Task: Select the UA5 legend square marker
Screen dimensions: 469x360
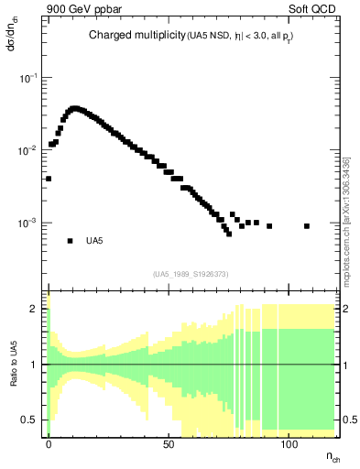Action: click(x=70, y=241)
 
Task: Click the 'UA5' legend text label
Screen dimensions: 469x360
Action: click(x=93, y=241)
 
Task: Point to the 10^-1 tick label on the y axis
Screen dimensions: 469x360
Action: click(x=29, y=79)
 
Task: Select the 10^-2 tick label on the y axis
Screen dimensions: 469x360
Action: click(x=29, y=150)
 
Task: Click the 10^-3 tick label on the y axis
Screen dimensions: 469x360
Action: click(x=29, y=223)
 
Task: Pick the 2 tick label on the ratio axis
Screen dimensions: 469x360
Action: click(x=35, y=309)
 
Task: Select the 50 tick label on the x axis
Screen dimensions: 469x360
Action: click(x=169, y=443)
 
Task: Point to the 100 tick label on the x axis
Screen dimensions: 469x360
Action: click(x=289, y=443)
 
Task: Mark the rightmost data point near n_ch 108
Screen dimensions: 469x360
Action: click(x=307, y=225)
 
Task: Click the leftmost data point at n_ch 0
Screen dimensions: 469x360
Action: click(x=49, y=179)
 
